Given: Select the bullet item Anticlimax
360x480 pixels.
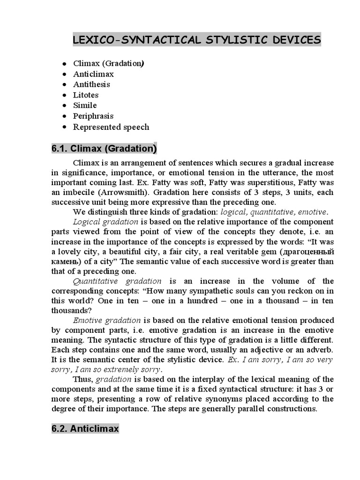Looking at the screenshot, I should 93,74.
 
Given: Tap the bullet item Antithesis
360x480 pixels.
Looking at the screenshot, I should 91,84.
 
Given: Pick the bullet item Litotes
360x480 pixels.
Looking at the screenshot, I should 86,95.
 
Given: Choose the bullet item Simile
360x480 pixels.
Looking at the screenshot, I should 85,105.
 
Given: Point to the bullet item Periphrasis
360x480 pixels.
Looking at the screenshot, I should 93,116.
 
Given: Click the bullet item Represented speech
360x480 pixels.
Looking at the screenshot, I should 111,127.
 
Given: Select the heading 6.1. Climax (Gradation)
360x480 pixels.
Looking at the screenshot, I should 104,149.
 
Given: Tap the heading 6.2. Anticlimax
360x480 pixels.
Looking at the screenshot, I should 85,428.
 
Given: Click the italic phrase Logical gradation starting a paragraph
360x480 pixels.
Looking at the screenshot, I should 105,222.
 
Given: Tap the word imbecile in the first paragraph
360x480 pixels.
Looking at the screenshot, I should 78,192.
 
